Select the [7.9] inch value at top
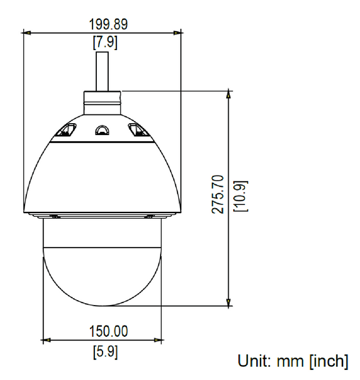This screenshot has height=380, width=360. pos(102,43)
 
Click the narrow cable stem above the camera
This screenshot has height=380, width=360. pos(102,71)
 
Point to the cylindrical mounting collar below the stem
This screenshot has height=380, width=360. pos(102,101)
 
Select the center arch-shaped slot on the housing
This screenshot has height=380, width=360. pos(101,130)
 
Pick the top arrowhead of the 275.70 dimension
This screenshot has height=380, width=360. pos(229,94)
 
